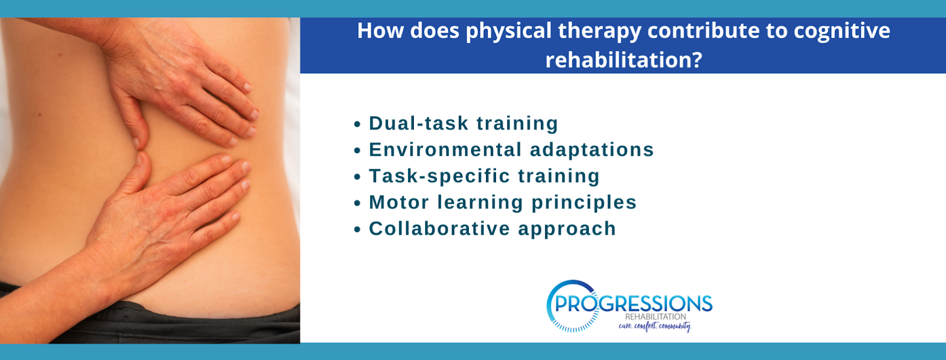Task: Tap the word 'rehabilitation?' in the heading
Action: tap(624, 60)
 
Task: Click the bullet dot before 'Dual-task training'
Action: tap(357, 125)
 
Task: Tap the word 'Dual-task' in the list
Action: tap(419, 123)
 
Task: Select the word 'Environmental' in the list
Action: tap(446, 150)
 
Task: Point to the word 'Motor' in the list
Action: tap(399, 202)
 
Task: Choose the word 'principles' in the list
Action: tap(584, 203)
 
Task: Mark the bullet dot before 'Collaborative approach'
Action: tap(357, 229)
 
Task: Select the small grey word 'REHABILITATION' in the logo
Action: tap(656, 316)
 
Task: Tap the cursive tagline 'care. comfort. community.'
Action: tap(655, 326)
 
